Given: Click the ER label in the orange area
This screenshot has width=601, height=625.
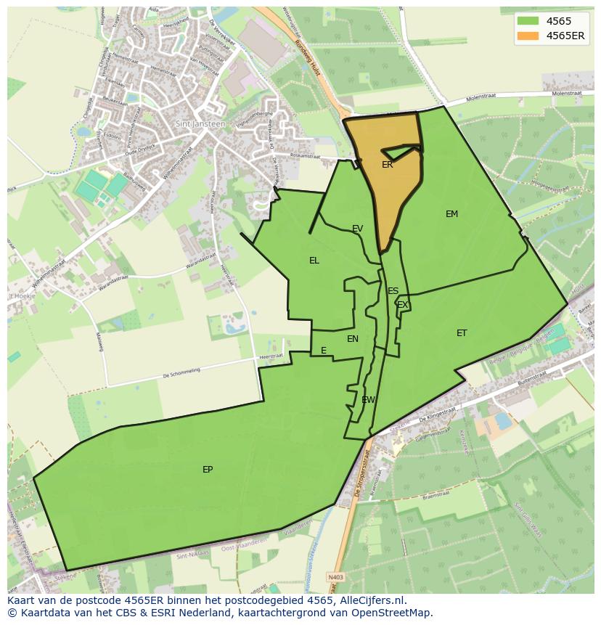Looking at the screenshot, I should (388, 165).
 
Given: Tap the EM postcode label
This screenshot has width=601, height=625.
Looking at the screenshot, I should (451, 214).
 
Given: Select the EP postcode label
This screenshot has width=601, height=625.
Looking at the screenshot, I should (208, 470).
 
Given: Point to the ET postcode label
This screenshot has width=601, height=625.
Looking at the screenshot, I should (462, 333).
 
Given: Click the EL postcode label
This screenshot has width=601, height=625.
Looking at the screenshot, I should (314, 261).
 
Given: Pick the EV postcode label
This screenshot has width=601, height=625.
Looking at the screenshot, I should (357, 229).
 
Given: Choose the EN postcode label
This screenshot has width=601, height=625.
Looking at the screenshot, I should (353, 339).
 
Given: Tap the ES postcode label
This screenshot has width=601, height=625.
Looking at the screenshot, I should (393, 291).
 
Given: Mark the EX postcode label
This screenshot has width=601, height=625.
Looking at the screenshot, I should (402, 305).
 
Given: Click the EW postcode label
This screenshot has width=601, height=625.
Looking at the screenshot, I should (368, 400).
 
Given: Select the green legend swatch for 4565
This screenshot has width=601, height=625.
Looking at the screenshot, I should (528, 21).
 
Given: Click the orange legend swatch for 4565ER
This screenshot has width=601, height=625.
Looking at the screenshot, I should (528, 36).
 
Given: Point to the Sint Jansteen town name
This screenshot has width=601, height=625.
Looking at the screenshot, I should (200, 124).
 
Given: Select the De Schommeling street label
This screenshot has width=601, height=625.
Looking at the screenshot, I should (181, 375).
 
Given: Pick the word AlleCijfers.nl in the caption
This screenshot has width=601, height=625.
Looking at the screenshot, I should (373, 600).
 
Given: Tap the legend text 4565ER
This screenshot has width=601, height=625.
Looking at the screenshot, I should (565, 36).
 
